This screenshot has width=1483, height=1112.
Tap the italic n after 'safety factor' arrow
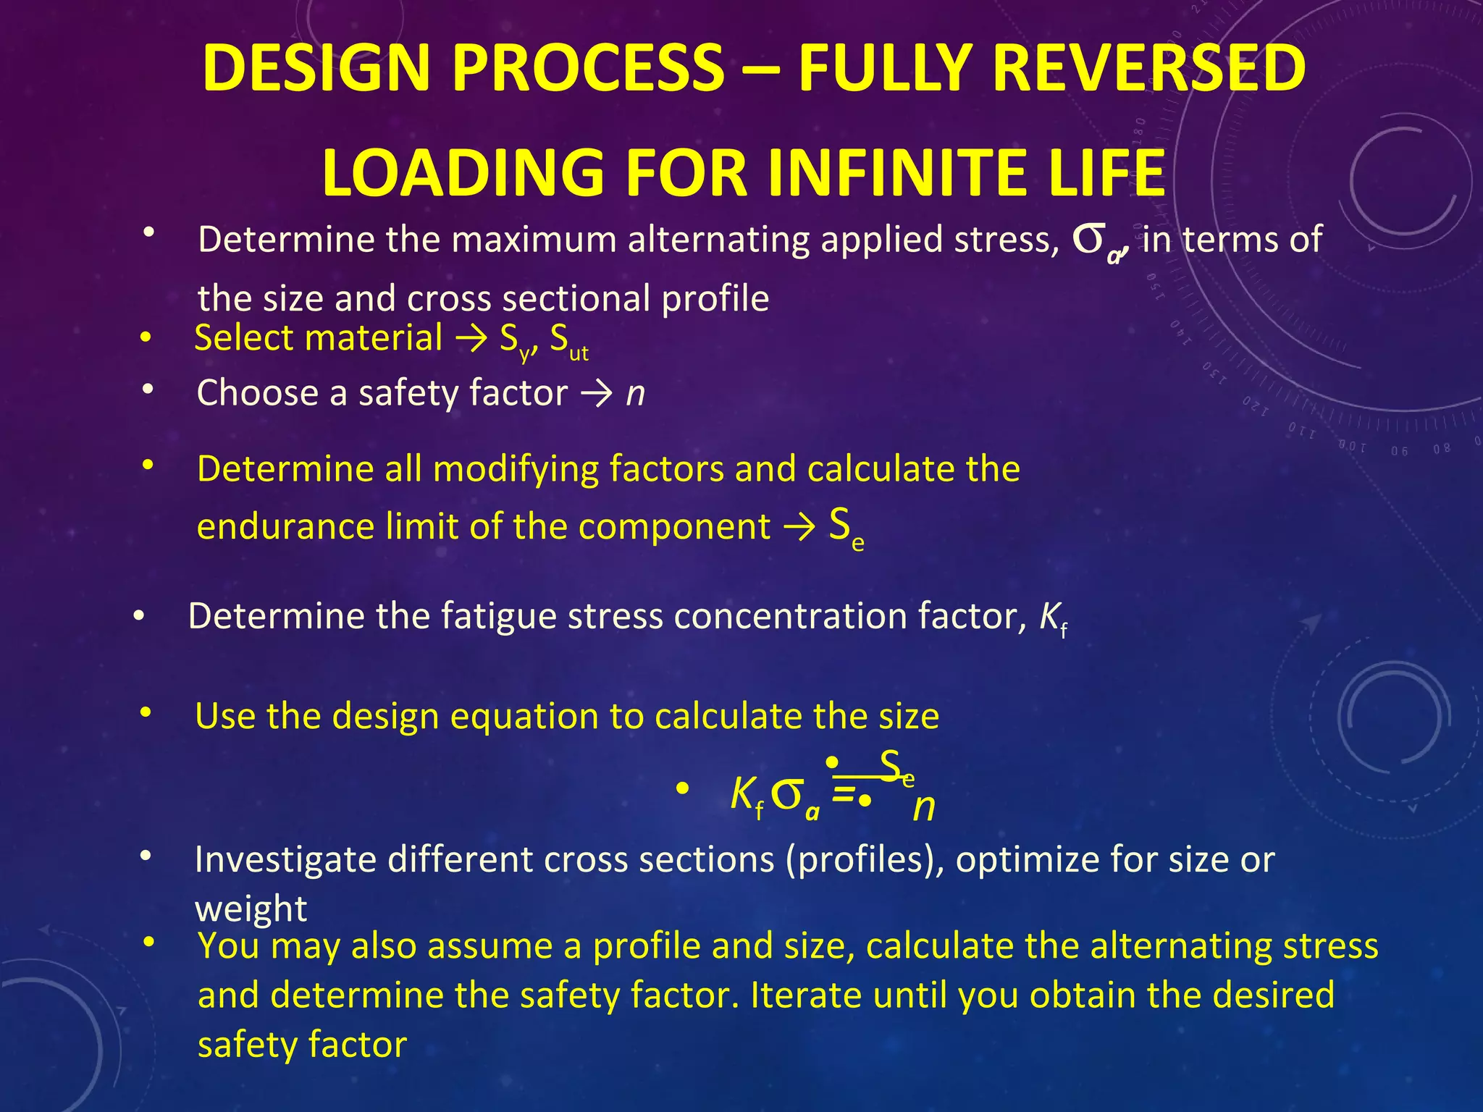click(x=635, y=393)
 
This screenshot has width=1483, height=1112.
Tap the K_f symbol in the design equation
click(x=746, y=795)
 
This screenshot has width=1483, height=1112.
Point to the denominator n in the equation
click(x=924, y=806)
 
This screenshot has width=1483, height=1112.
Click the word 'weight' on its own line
click(x=251, y=909)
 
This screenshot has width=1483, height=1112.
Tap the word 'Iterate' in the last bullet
click(x=806, y=995)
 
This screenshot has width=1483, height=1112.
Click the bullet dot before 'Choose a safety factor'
click(x=148, y=390)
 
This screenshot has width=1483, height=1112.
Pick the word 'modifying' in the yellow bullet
click(x=515, y=468)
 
